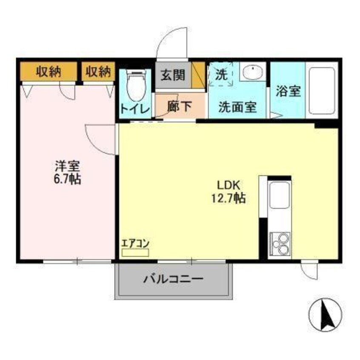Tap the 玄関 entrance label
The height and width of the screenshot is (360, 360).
tap(172, 75)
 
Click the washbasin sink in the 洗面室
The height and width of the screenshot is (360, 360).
tap(253, 71)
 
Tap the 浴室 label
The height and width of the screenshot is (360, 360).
tap(289, 91)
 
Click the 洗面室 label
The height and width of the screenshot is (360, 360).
tap(237, 107)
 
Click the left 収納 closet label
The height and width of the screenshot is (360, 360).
tap(48, 71)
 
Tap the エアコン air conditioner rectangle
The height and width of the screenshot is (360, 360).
tap(135, 252)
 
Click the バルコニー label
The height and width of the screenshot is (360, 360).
tap(173, 280)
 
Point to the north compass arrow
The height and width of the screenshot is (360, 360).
tap(323, 314)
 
